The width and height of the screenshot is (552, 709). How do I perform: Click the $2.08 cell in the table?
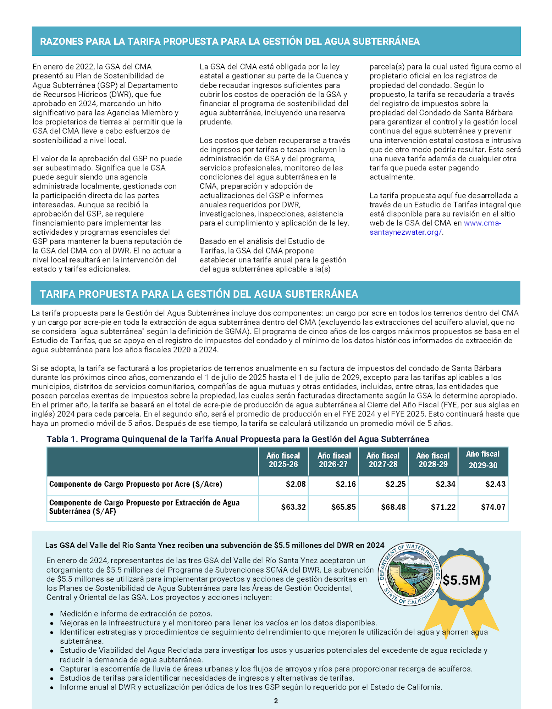295,484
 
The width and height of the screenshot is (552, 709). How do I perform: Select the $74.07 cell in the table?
493,507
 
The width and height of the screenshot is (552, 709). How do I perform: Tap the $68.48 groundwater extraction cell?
393,507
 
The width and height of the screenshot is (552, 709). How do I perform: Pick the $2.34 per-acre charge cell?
445,484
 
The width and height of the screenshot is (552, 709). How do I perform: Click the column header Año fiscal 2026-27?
333,460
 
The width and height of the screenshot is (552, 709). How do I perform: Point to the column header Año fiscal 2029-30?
482,460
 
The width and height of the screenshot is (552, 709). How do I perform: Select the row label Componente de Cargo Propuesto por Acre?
136,484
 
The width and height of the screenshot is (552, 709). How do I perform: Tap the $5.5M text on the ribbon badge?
461,580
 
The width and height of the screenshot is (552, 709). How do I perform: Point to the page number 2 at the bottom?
276,701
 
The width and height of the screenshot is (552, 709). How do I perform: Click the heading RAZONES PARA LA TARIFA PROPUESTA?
230,41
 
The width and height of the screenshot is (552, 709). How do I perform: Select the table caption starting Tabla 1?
238,439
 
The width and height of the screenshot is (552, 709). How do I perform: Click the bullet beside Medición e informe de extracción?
52,614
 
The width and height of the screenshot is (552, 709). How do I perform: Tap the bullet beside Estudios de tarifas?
52,679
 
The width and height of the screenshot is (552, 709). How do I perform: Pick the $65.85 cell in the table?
343,507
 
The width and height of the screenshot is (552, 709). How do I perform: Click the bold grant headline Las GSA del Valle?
215,545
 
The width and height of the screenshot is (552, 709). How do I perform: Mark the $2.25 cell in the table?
395,484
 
